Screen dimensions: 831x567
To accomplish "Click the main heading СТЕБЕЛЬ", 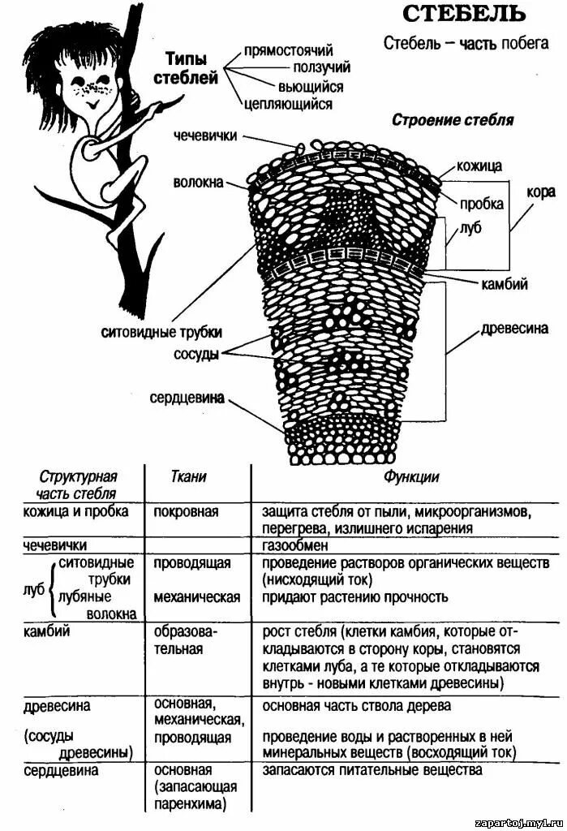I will tap(464, 14).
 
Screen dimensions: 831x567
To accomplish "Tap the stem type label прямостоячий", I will tap(288, 51).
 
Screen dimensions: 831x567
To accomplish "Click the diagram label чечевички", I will tap(205, 136).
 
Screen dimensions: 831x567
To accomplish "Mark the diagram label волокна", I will tap(197, 183).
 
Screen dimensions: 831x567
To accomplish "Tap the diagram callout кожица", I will tap(479, 166).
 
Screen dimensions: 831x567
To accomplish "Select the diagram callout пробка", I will tap(482, 204).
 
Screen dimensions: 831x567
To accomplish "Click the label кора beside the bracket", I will tap(540, 192).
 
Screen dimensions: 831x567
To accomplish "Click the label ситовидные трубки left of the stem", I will tap(161, 332).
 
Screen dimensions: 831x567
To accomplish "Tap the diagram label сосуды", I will tap(195, 355).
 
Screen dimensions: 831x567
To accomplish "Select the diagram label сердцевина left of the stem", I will tap(187, 398).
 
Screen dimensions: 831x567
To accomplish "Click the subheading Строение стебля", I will tap(453, 120).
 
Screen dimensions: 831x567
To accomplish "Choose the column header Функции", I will tap(411, 477).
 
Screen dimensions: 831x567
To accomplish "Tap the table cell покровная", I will tap(186, 512).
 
